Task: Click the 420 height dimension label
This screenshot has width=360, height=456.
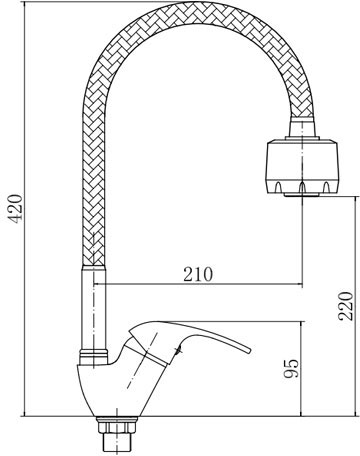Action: point(16,208)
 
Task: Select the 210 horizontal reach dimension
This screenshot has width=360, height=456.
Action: point(198,275)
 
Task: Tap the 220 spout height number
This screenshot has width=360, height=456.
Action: point(345,306)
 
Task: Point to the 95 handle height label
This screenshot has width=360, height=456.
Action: point(291,369)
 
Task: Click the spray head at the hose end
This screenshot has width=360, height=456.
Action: point(302,168)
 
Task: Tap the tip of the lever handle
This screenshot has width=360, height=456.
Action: point(249,350)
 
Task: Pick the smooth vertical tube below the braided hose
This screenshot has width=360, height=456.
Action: point(94,307)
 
